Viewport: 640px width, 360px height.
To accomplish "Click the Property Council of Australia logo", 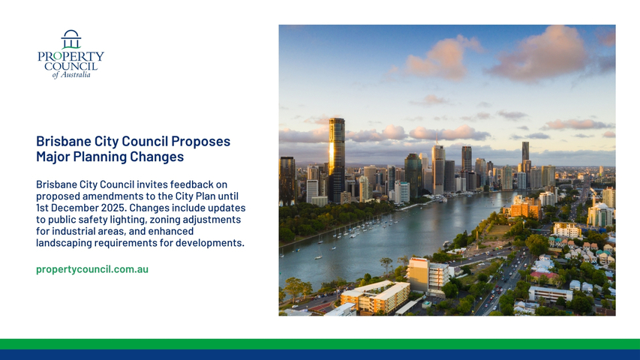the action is (x=71, y=54).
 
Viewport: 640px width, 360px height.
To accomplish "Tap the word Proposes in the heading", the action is (x=201, y=142).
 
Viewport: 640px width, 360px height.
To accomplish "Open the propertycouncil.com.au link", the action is (x=92, y=269).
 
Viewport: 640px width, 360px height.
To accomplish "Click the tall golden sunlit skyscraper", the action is (x=337, y=159).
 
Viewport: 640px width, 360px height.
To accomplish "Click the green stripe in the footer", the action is (x=320, y=344).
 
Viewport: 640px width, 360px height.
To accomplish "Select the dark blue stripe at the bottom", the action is (x=320, y=355).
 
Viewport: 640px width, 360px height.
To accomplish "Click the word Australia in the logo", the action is (x=76, y=75).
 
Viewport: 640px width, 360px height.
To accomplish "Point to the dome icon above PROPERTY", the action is (x=71, y=39).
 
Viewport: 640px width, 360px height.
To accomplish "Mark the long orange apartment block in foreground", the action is (x=375, y=297).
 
